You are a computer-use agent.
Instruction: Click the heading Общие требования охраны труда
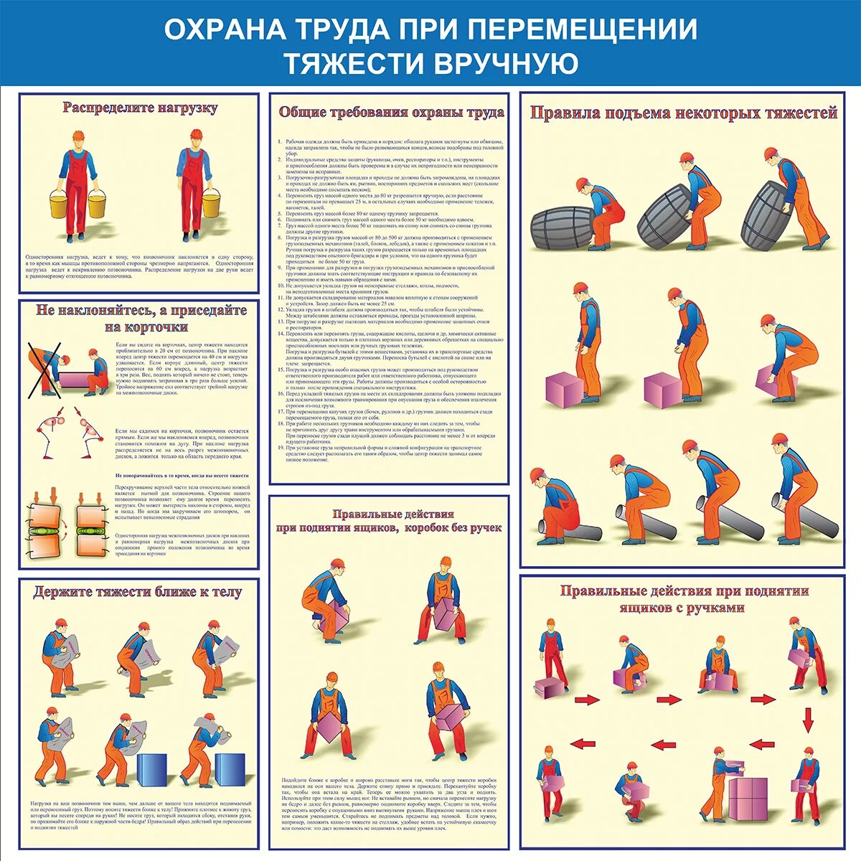[391, 113]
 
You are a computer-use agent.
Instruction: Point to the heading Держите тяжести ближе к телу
[138, 592]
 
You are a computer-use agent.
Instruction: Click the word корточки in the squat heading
[155, 326]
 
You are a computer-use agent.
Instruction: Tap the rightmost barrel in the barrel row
[769, 215]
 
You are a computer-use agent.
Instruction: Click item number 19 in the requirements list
[281, 447]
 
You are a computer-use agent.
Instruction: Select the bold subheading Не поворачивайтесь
[182, 476]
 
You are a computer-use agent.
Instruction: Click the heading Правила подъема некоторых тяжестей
[683, 113]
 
